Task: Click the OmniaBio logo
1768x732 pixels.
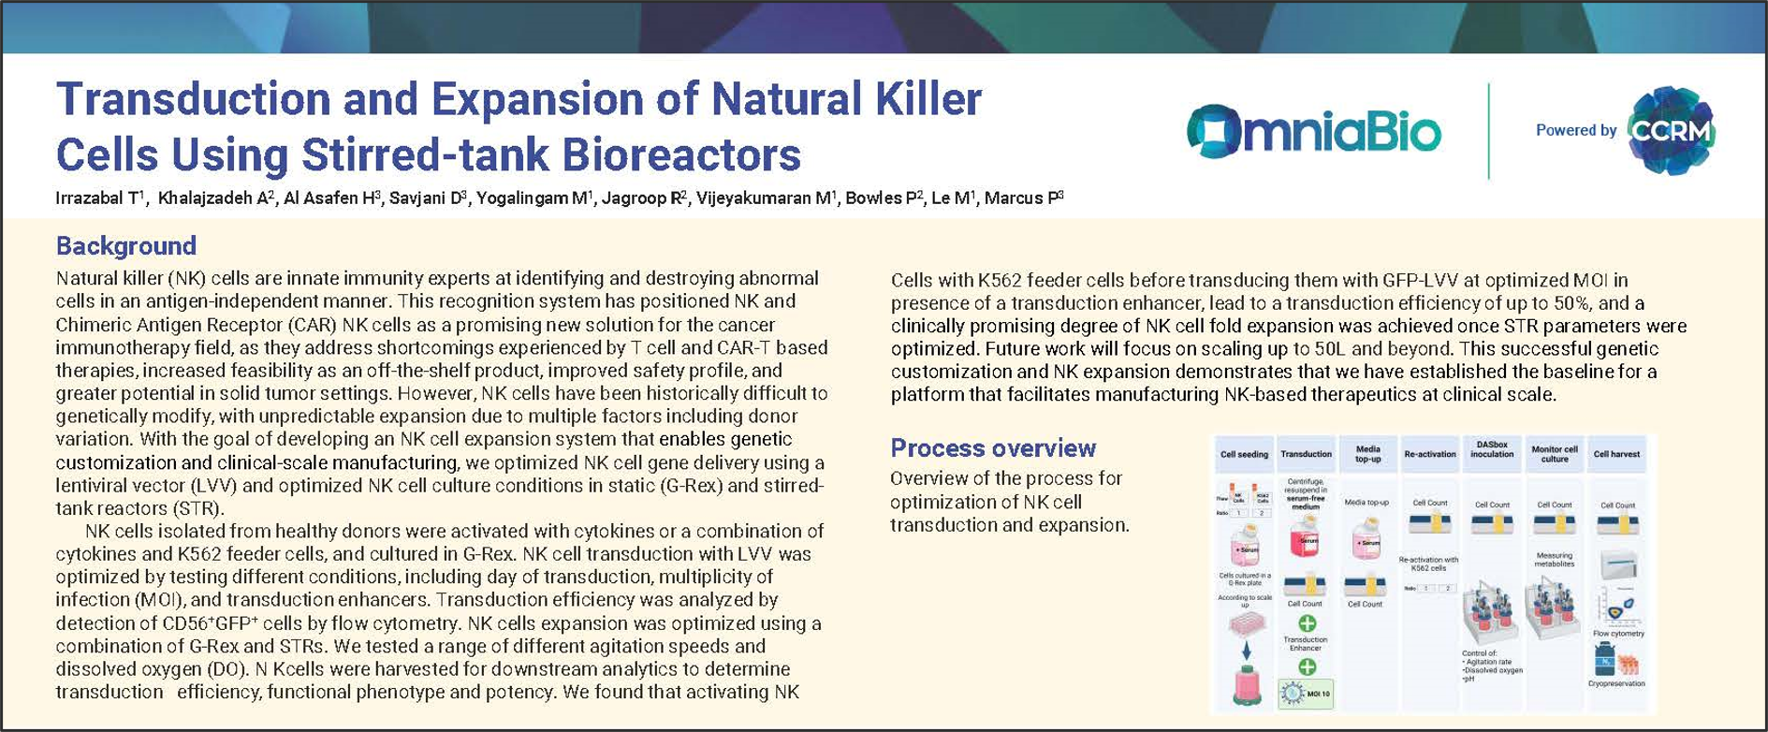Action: click(1313, 130)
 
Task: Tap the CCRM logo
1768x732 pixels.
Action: click(1671, 130)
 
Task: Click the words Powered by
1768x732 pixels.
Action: click(1575, 130)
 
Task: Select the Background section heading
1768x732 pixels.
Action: click(126, 245)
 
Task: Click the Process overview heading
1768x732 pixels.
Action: click(992, 447)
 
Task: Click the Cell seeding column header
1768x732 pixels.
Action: click(1244, 454)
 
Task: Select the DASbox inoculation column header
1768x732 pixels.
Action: click(1492, 449)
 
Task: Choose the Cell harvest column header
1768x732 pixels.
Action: click(1616, 454)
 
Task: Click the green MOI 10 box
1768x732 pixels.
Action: click(1307, 694)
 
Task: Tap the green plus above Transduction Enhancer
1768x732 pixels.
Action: click(1307, 622)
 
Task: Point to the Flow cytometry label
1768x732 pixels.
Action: click(1618, 634)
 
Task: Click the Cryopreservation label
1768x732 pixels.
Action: click(1617, 683)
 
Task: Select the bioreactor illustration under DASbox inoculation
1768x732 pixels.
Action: click(1492, 613)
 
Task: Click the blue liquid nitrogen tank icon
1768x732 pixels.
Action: click(1604, 659)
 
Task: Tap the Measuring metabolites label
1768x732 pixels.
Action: click(1555, 560)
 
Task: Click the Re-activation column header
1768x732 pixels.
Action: click(1430, 454)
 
